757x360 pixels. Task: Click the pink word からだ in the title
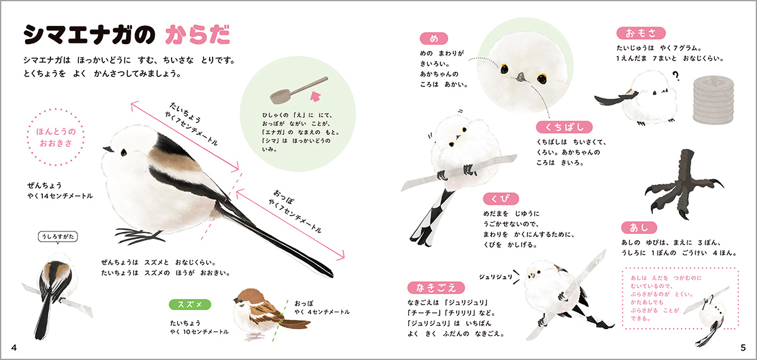pyautogui.click(x=197, y=35)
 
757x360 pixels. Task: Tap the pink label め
pyautogui.click(x=434, y=39)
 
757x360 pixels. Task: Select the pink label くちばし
pyautogui.click(x=565, y=127)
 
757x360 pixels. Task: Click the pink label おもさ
pyautogui.click(x=641, y=33)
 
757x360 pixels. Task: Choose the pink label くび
pyautogui.click(x=501, y=199)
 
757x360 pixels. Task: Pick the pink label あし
pyautogui.click(x=639, y=228)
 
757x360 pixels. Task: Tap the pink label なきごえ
pyautogui.click(x=436, y=287)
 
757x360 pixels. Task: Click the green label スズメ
pyautogui.click(x=190, y=305)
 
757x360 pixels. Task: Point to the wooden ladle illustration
pyautogui.click(x=299, y=90)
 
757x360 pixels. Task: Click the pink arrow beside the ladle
pyautogui.click(x=315, y=96)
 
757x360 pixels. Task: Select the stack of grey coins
pyautogui.click(x=713, y=100)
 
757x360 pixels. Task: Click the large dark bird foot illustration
pyautogui.click(x=684, y=183)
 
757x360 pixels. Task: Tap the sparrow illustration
pyautogui.click(x=271, y=314)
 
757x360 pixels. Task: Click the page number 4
pyautogui.click(x=14, y=347)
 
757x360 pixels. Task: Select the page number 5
pyautogui.click(x=743, y=347)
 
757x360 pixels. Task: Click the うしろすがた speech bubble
pyautogui.click(x=58, y=236)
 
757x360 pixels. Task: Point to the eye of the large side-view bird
pyautogui.click(x=124, y=152)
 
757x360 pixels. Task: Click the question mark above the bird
pyautogui.click(x=676, y=76)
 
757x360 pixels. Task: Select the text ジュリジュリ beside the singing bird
pyautogui.click(x=496, y=277)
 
